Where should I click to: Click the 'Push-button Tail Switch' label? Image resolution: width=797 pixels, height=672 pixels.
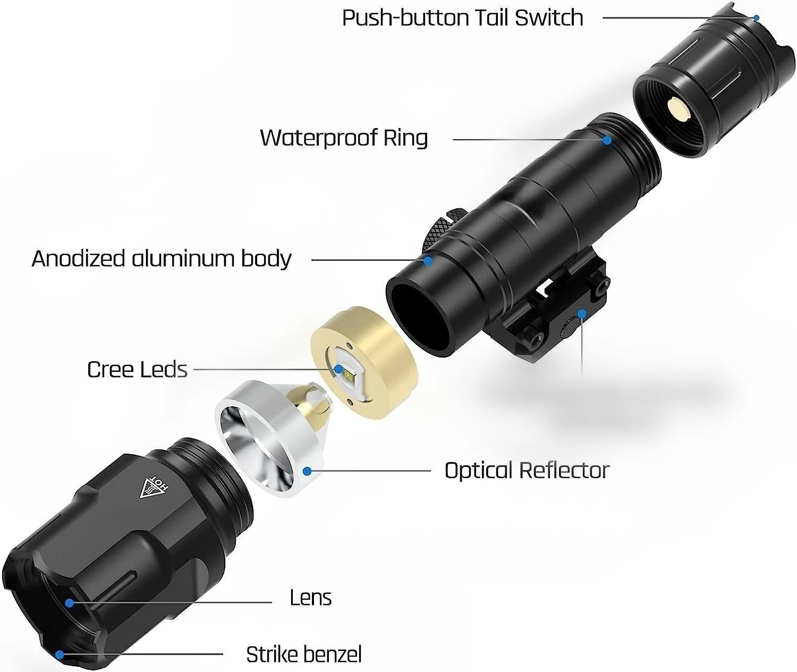[462, 18]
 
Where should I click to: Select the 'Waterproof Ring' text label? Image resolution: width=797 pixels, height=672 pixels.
[344, 138]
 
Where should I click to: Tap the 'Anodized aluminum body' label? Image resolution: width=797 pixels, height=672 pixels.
[162, 259]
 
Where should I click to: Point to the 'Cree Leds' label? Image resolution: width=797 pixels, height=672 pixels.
[137, 370]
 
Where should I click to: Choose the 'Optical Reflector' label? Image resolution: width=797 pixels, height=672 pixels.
[527, 471]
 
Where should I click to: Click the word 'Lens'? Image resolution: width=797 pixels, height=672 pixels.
[310, 598]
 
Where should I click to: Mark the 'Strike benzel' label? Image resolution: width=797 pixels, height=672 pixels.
[303, 654]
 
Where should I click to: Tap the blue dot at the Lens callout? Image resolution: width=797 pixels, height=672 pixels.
[69, 602]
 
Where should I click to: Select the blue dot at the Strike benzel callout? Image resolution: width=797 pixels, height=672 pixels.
[61, 654]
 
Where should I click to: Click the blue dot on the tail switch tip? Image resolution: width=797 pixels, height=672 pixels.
[757, 18]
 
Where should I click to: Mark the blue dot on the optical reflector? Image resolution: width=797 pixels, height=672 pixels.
[307, 471]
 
